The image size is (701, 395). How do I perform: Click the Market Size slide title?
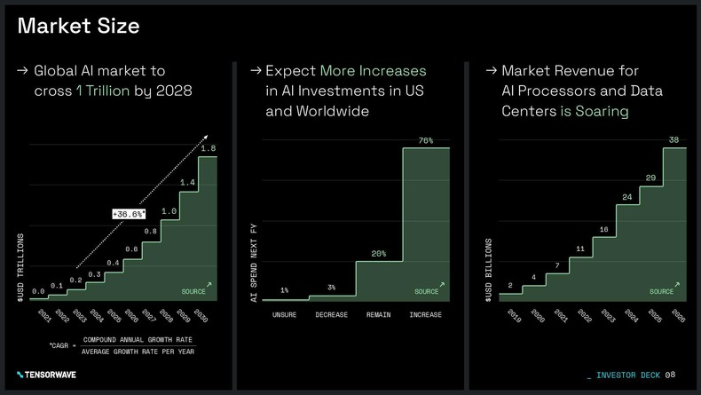tap(78, 26)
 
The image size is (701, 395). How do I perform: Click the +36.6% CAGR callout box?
tap(130, 214)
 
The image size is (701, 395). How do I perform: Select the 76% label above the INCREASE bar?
tap(425, 140)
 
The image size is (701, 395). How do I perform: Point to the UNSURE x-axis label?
tap(285, 314)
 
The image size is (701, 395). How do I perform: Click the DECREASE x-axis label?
tap(331, 314)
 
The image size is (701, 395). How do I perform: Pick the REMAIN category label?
tap(379, 314)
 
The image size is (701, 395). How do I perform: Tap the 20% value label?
tap(379, 254)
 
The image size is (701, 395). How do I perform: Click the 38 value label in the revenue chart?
tap(674, 140)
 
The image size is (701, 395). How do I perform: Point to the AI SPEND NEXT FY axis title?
tap(254, 265)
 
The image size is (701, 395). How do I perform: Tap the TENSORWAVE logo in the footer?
tap(46, 375)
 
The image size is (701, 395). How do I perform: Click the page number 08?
tap(670, 375)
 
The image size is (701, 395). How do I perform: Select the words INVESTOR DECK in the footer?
tap(628, 375)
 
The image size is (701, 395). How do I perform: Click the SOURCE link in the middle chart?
tap(428, 290)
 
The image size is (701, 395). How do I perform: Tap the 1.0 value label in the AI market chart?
tap(169, 211)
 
